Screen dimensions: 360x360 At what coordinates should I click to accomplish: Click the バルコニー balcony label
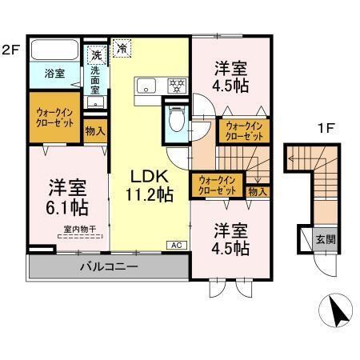click(108, 266)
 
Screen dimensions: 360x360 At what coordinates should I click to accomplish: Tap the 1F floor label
click(325, 127)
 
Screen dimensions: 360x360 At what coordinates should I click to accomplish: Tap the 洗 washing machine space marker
click(96, 56)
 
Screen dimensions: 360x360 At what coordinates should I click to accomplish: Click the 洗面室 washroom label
click(95, 80)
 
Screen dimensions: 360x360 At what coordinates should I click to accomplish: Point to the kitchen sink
click(148, 85)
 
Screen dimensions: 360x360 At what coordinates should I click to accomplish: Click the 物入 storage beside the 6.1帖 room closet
click(94, 130)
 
